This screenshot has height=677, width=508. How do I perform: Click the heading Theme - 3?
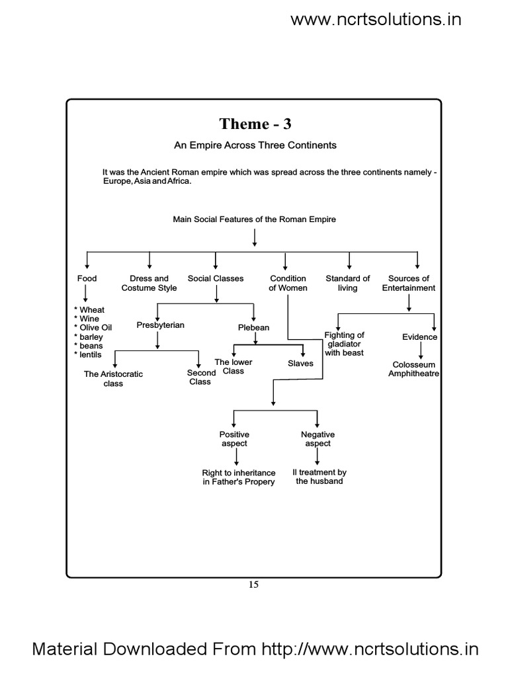click(255, 124)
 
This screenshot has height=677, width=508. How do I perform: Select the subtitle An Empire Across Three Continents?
click(255, 145)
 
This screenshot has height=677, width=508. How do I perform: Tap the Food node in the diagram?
click(87, 278)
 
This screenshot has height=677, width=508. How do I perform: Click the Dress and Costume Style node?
click(149, 283)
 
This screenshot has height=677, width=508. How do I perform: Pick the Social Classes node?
click(216, 278)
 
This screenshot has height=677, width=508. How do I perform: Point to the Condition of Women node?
click(288, 283)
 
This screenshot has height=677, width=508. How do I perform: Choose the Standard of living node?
click(347, 283)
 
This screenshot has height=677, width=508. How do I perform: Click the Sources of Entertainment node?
click(409, 283)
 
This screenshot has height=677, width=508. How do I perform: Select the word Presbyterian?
click(160, 325)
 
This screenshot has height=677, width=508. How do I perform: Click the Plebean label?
click(253, 327)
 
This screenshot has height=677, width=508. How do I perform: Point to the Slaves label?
click(300, 364)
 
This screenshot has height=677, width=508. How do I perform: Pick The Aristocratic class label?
click(113, 379)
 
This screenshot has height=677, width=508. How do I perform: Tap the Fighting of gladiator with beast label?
click(344, 344)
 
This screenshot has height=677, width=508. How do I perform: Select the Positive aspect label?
click(234, 439)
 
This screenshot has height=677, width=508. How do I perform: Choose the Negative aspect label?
click(317, 439)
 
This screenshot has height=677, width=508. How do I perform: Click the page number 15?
click(254, 584)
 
